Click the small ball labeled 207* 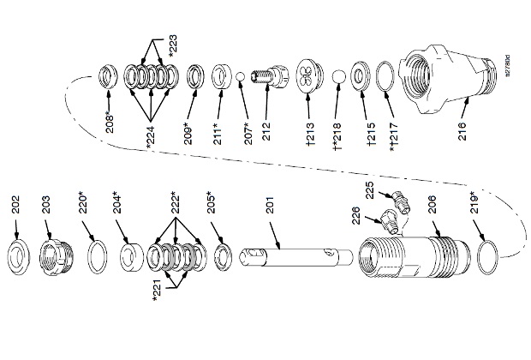coord(242,79)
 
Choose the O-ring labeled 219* coord(487,253)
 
